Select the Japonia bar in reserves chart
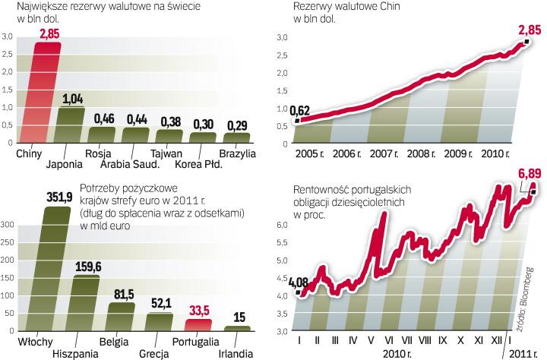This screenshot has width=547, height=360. [x=71, y=125]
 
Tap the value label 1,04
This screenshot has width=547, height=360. [x=71, y=99]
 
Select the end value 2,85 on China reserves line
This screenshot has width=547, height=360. [x=528, y=30]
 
